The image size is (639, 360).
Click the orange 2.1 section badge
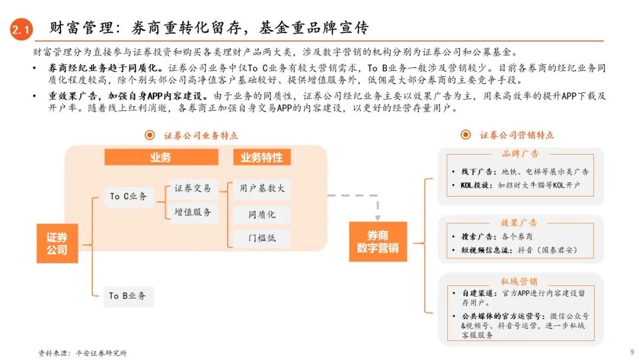[21, 29]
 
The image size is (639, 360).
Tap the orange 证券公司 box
[57, 243]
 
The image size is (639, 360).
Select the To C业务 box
[128, 196]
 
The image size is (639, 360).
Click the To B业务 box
[128, 295]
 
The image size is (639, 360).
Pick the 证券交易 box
[192, 189]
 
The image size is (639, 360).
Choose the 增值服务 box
[192, 212]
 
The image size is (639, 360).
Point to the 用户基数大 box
[262, 189]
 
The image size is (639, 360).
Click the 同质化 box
[262, 214]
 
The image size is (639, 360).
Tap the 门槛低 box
[262, 239]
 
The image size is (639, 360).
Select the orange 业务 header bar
[161, 157]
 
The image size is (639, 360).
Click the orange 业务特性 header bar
[262, 157]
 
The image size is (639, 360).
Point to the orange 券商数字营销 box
[377, 242]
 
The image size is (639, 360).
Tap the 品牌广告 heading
[520, 154]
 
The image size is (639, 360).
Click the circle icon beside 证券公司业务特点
[150, 136]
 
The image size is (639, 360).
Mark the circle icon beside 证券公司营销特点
[466, 135]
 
